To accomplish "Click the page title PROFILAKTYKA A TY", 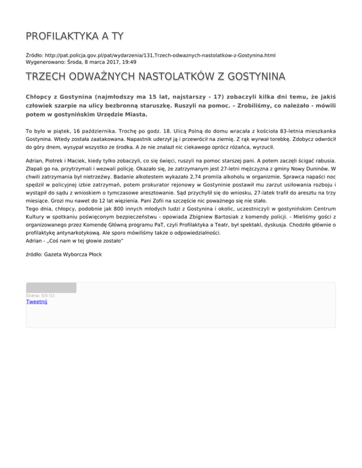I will [x=74, y=36].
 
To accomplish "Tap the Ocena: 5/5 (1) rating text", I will [x=40, y=296].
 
